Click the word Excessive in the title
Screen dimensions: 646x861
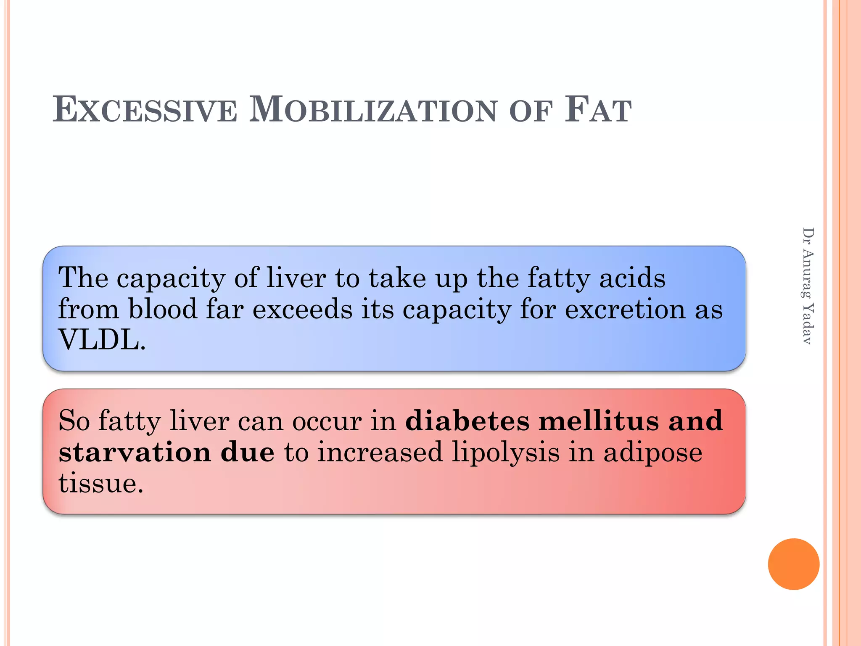(x=145, y=110)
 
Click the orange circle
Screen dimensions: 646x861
(x=793, y=564)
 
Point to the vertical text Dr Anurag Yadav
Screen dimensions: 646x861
(x=808, y=286)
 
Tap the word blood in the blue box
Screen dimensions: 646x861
(x=163, y=309)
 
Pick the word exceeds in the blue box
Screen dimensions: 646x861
(x=302, y=309)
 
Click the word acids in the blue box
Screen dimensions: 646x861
(x=632, y=278)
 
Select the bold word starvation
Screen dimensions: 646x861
(x=135, y=453)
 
